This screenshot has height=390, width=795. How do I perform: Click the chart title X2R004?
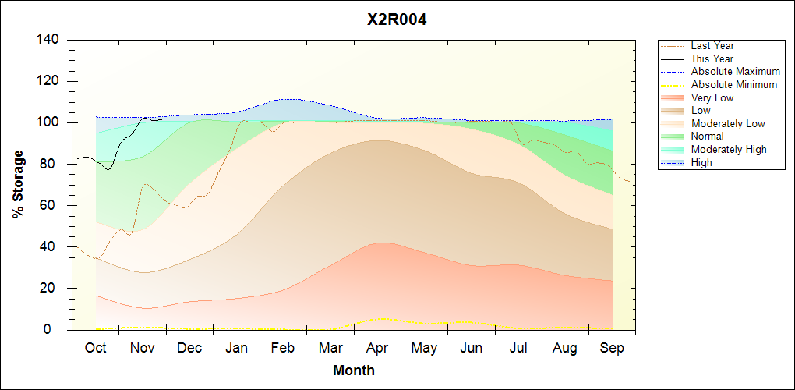pyautogui.click(x=397, y=20)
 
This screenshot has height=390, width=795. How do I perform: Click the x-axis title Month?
pyautogui.click(x=354, y=370)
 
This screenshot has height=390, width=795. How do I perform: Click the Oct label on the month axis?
pyautogui.click(x=95, y=348)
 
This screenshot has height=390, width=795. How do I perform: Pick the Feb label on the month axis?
pyautogui.click(x=283, y=348)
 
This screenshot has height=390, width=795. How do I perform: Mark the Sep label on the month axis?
pyautogui.click(x=612, y=348)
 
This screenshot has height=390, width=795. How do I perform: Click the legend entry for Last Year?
pyautogui.click(x=712, y=46)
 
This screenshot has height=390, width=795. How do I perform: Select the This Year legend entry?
pyautogui.click(x=712, y=58)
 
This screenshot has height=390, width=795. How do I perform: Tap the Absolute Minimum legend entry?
pyautogui.click(x=734, y=85)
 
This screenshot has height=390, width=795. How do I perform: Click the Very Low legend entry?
pyautogui.click(x=712, y=97)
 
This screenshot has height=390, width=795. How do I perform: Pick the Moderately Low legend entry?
pyautogui.click(x=728, y=123)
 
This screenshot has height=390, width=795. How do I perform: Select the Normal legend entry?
pyautogui.click(x=707, y=136)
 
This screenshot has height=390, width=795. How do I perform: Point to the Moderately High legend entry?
pyautogui.click(x=729, y=150)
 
